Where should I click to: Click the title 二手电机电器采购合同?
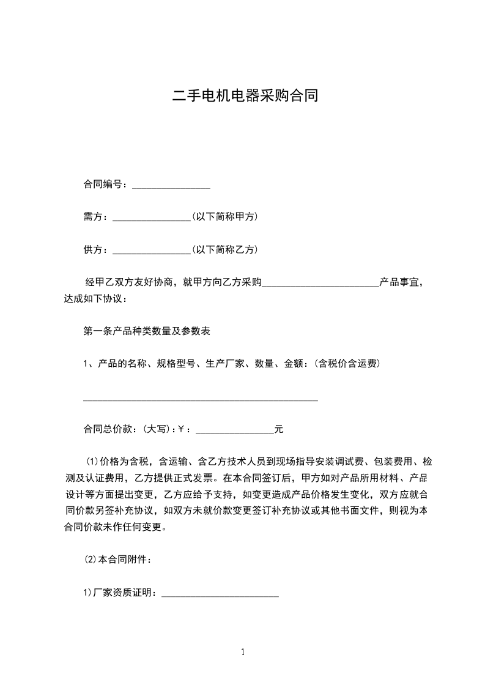click(x=245, y=97)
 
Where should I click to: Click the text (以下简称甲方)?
click(x=224, y=217)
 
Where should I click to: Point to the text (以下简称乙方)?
click(x=224, y=250)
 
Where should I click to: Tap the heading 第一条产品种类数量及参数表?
click(x=147, y=331)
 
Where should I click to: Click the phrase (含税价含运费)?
click(x=347, y=364)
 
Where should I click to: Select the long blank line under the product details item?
click(x=201, y=400)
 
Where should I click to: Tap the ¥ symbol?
click(x=181, y=430)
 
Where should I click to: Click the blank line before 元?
click(x=234, y=432)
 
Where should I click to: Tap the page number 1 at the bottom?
click(x=243, y=652)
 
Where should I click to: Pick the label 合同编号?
click(x=103, y=184)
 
